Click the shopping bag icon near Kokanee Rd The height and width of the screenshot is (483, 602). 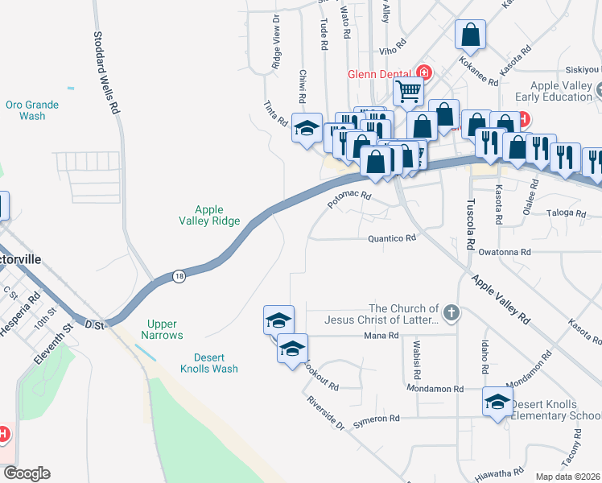click(470, 35)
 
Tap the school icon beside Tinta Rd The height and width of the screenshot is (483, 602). click(307, 128)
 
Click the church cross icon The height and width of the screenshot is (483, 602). click(452, 313)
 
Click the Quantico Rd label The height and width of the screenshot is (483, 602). click(392, 238)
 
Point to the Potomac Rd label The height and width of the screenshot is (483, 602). click(348, 200)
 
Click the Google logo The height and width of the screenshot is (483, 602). click(27, 473)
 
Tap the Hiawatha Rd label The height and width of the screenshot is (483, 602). click(499, 475)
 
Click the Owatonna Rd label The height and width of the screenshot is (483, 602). click(505, 252)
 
